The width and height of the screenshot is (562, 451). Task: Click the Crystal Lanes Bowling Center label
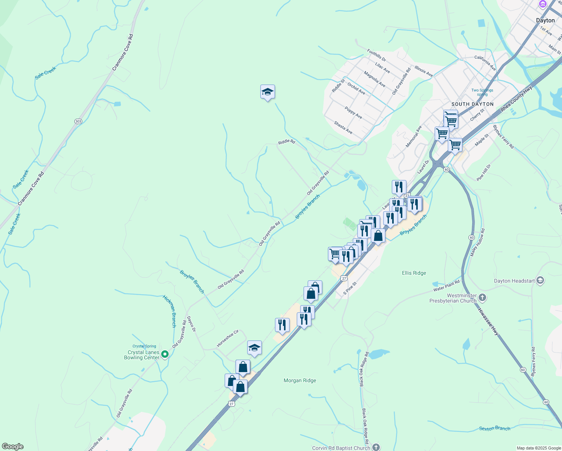pyautogui.click(x=142, y=355)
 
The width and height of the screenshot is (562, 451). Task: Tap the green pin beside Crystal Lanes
pyautogui.click(x=165, y=354)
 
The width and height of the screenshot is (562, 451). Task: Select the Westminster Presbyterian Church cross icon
pyautogui.click(x=483, y=298)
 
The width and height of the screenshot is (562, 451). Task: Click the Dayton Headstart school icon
pyautogui.click(x=540, y=280)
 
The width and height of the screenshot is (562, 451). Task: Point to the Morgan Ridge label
pyautogui.click(x=300, y=380)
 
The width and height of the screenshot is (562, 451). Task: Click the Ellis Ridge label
pyautogui.click(x=414, y=273)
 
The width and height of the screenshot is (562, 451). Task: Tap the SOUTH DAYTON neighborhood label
pyautogui.click(x=472, y=104)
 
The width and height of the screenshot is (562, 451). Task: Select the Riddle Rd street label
pyautogui.click(x=287, y=142)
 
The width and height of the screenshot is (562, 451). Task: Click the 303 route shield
pyautogui.click(x=78, y=121)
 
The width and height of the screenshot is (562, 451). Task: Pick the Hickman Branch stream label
pyautogui.click(x=169, y=311)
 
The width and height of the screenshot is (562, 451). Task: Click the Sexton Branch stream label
pyautogui.click(x=495, y=428)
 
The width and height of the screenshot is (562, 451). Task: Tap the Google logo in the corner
pyautogui.click(x=13, y=446)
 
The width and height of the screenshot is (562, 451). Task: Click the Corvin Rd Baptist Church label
pyautogui.click(x=341, y=448)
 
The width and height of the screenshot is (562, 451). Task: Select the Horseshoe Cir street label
pyautogui.click(x=228, y=339)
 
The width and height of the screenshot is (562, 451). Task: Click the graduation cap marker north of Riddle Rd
pyautogui.click(x=267, y=92)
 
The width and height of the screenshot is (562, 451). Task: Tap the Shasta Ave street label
pyautogui.click(x=343, y=127)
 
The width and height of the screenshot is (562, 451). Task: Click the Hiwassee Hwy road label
pyautogui.click(x=488, y=322)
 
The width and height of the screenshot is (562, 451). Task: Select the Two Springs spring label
pyautogui.click(x=482, y=92)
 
